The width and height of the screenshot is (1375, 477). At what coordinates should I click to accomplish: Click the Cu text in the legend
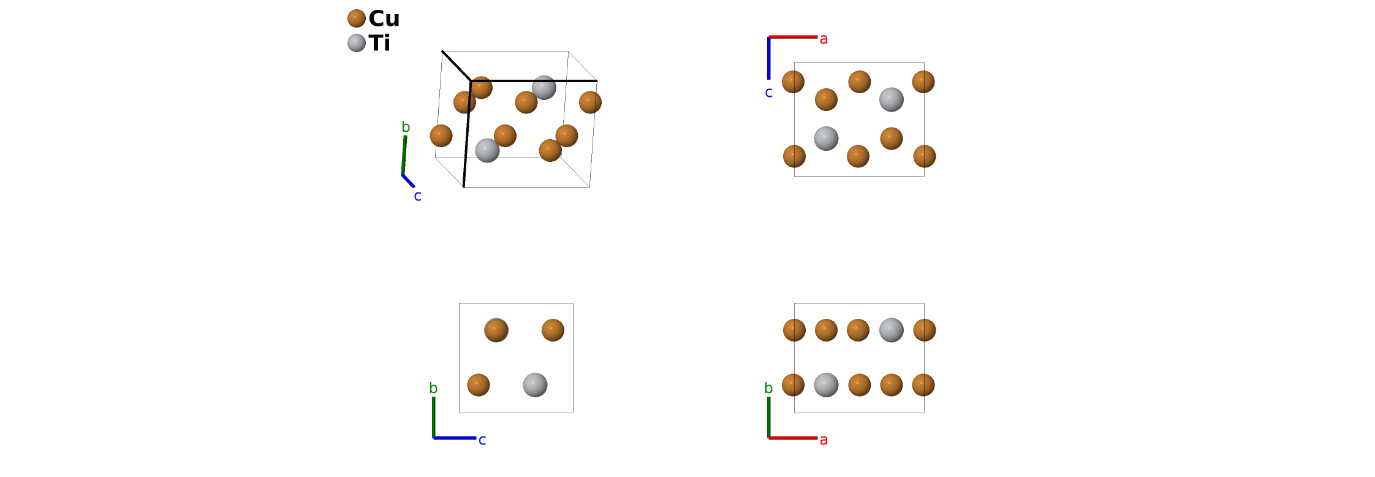(x=384, y=19)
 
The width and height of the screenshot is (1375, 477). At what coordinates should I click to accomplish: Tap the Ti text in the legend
(x=380, y=44)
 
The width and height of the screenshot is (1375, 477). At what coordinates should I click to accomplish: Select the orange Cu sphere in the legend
(x=356, y=18)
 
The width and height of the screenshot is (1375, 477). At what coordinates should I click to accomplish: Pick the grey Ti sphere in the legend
(x=356, y=43)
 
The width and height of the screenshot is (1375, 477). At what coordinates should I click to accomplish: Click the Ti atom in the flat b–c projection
(x=535, y=385)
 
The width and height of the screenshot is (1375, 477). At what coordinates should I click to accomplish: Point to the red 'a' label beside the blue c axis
(x=824, y=39)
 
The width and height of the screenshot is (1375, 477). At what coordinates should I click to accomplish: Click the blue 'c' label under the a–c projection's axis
(x=768, y=93)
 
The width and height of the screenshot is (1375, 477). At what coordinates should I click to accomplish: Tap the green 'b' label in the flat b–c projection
(x=434, y=389)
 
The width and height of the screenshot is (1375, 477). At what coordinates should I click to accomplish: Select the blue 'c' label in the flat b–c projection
(x=482, y=440)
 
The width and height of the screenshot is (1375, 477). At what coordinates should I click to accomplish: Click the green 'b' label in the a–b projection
(x=769, y=389)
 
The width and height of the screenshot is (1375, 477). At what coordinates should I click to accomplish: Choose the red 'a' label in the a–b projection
(x=824, y=440)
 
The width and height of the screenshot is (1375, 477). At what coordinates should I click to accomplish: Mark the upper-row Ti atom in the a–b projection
(x=891, y=330)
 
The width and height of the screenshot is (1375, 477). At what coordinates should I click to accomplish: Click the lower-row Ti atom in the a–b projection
(x=825, y=385)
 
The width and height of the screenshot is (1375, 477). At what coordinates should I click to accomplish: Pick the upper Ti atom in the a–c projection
(x=891, y=99)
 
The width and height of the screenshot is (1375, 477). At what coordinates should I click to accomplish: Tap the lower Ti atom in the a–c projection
(x=825, y=139)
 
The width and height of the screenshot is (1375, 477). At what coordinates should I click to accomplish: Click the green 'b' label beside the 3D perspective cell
(x=406, y=128)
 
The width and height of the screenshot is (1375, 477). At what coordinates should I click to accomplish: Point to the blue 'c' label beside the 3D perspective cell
(x=417, y=196)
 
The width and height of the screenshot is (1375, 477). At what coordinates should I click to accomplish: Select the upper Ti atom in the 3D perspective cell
(x=544, y=87)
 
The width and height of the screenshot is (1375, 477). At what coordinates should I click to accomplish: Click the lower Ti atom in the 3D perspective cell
(x=487, y=150)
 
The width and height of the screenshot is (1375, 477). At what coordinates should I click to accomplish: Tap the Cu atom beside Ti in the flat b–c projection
(x=479, y=385)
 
